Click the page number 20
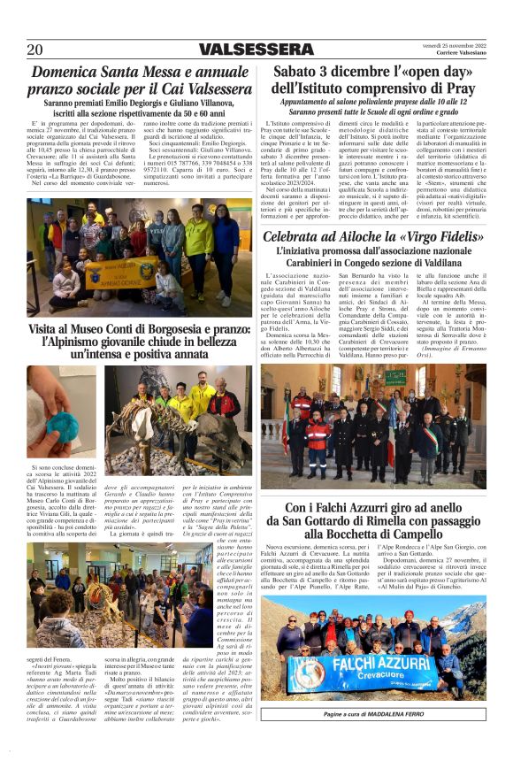(x=34, y=50)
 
